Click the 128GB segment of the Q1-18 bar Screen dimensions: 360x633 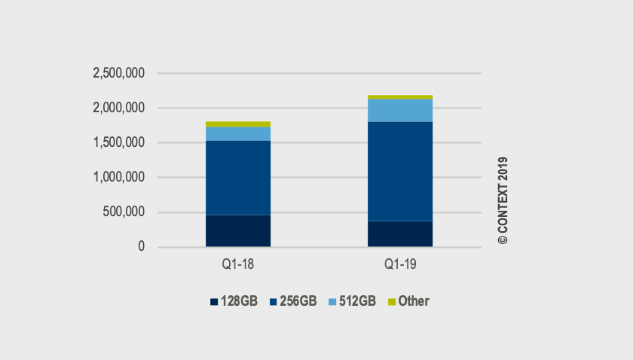238,230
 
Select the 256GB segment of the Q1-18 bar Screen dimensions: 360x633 238,178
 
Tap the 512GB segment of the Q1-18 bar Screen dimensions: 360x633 238,133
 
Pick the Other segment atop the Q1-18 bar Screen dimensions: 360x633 238,124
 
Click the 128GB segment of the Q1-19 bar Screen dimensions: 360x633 400,233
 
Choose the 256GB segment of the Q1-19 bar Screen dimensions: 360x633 400,171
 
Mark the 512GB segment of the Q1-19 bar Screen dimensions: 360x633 400,110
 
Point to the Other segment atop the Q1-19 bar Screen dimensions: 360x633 400,97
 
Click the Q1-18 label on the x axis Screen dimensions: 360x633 238,264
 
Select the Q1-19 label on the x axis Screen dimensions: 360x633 400,264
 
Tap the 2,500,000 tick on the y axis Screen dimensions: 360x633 118,74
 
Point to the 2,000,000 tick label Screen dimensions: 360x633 118,108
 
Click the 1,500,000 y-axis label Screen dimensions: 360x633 118,143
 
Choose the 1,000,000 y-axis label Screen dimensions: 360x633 118,178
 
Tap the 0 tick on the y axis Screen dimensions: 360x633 141,247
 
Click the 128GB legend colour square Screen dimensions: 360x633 215,302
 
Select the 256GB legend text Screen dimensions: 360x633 298,301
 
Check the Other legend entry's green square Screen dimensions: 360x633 392,302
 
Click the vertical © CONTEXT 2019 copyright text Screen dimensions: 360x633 503,200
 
